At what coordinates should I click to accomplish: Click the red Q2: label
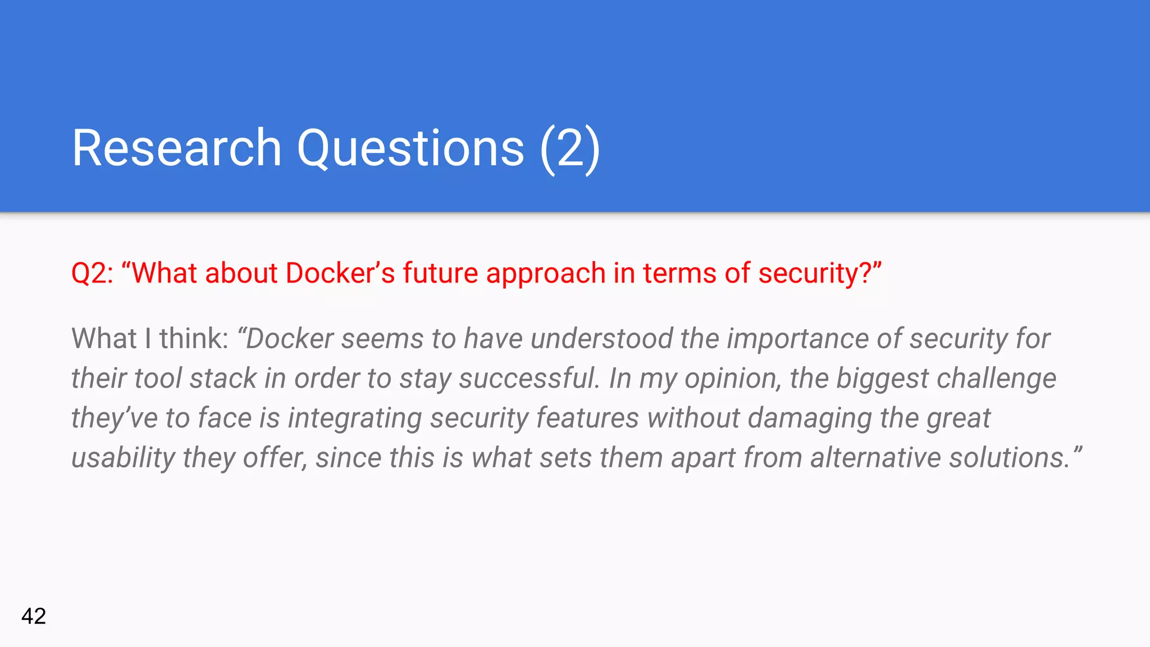pyautogui.click(x=92, y=274)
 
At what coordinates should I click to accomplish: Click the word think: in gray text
pyautogui.click(x=194, y=339)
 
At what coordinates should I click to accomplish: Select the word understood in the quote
pyautogui.click(x=601, y=339)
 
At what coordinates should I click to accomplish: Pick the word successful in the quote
pyautogui.click(x=528, y=378)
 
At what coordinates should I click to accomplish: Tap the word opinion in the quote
pyautogui.click(x=724, y=379)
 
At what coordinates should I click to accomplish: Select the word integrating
pyautogui.click(x=354, y=418)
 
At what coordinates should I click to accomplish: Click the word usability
pyautogui.click(x=123, y=458)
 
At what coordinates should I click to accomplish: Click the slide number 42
pyautogui.click(x=34, y=616)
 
